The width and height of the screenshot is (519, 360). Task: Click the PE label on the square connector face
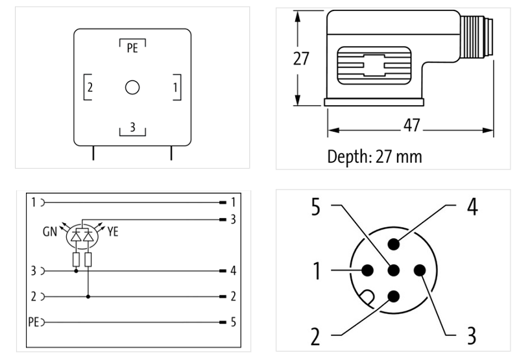click(x=132, y=48)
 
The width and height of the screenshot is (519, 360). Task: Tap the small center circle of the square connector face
click(x=132, y=88)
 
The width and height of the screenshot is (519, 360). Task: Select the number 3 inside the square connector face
click(x=132, y=127)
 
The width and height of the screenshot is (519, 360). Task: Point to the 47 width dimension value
click(x=411, y=126)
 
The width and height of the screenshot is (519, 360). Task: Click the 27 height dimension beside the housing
click(x=300, y=58)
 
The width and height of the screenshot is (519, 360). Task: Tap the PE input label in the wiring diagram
click(x=34, y=321)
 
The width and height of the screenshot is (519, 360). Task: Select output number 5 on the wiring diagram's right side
click(x=232, y=321)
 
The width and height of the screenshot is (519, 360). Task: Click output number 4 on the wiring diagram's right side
click(x=232, y=270)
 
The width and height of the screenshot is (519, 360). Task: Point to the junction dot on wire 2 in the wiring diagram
click(x=88, y=296)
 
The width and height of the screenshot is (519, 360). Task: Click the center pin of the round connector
click(x=392, y=272)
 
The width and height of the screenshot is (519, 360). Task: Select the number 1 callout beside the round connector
click(x=317, y=271)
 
